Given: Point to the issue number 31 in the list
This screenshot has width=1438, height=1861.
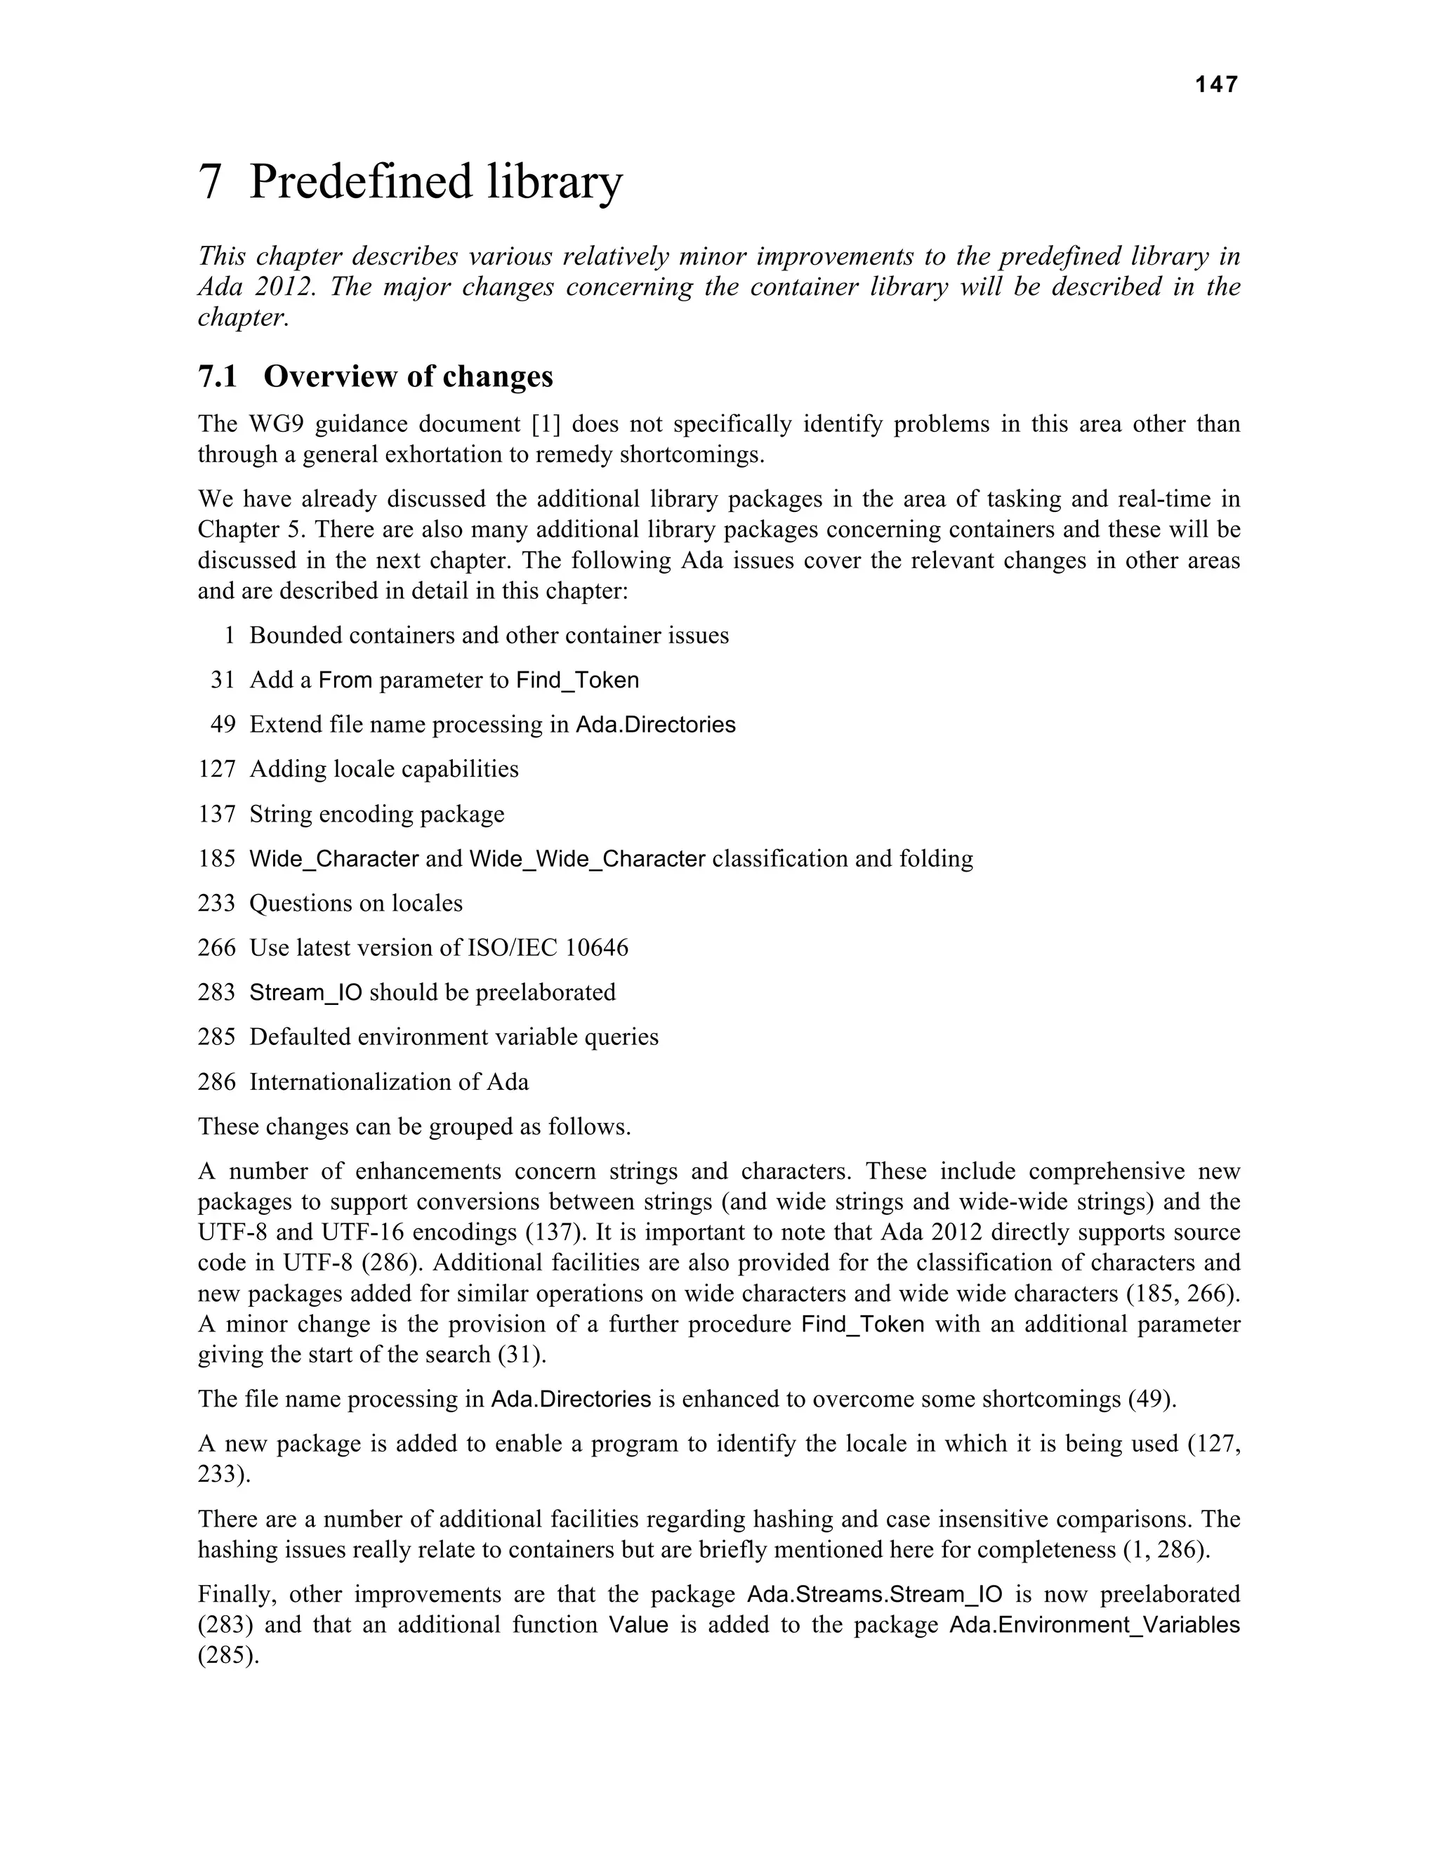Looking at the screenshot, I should [223, 680].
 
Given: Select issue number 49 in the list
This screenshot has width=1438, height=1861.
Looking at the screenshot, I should [223, 724].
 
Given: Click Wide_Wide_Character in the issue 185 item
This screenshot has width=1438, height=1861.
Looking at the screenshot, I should [587, 858].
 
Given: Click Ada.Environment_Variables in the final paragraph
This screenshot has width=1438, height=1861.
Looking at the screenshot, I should [1094, 1625].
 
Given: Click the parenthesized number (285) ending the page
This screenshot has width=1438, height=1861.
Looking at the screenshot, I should [227, 1655].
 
